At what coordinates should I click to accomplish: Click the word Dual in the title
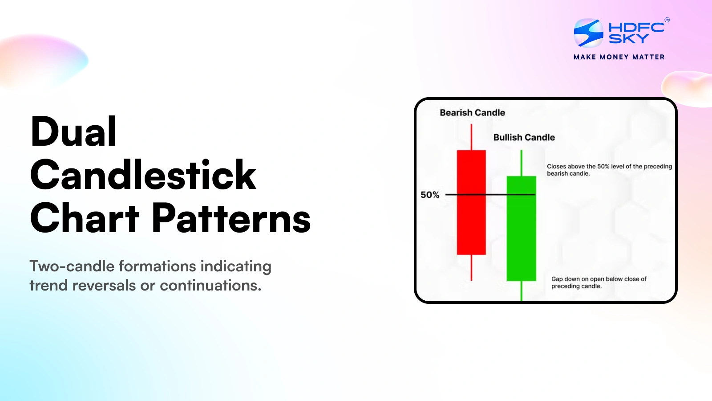coord(74,132)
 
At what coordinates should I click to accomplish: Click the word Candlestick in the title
coord(143,175)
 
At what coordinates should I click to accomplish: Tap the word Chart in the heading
coord(85,218)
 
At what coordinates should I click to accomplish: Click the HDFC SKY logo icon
coord(588,33)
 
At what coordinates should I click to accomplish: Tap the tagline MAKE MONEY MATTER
coord(619,57)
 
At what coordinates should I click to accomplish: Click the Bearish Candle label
coord(472,113)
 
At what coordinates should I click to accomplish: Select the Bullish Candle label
coord(524,138)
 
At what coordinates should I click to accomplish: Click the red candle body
coord(471,203)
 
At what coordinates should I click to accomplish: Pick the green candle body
coord(521,229)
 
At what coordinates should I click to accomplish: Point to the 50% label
coord(430,195)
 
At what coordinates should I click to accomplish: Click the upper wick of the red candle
coord(471,137)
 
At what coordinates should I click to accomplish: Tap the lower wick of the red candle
coord(471,268)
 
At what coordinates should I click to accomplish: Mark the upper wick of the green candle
coord(521,163)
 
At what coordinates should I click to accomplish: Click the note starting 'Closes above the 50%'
coord(609,170)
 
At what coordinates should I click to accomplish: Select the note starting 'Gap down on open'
coord(599,282)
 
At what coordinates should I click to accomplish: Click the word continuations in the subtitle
coord(210,285)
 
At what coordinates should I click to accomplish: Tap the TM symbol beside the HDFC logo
coord(667,20)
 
